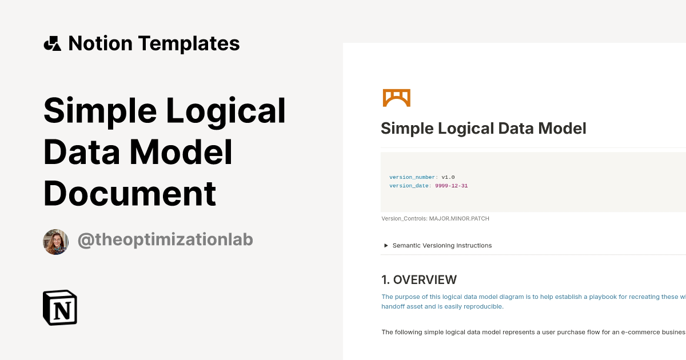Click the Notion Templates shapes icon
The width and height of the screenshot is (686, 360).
52,43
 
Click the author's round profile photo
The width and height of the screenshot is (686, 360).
56,242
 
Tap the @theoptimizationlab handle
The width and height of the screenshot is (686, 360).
165,240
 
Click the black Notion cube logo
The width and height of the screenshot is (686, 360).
60,307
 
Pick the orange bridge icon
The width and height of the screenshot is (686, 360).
396,98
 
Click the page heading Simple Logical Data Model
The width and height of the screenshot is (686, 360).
483,128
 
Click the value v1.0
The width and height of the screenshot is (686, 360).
448,177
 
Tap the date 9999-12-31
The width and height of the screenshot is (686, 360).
452,186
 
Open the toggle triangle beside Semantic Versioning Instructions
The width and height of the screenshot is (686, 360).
386,246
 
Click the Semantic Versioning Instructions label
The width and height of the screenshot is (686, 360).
442,246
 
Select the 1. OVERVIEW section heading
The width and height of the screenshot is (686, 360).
419,279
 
